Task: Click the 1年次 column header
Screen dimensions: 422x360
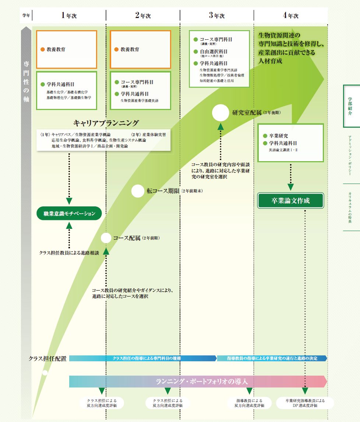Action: [69, 15]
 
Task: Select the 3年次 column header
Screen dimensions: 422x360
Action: [216, 15]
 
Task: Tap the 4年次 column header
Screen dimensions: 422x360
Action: [290, 15]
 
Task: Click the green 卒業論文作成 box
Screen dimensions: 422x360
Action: [290, 201]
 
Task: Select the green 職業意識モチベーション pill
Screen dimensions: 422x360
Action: [69, 214]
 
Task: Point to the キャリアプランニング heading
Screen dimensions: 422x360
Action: [106, 123]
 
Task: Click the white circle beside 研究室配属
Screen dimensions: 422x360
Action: [220, 113]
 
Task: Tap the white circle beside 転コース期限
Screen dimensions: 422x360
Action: [137, 191]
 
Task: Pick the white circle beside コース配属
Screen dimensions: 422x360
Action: [106, 238]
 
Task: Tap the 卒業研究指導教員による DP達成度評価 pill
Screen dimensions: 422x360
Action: [305, 403]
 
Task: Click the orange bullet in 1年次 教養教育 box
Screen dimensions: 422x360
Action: [43, 49]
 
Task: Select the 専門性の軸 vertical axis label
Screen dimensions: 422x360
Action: [26, 79]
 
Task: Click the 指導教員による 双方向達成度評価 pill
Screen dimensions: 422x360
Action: [249, 403]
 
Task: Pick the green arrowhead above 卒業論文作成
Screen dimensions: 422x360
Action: [290, 187]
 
